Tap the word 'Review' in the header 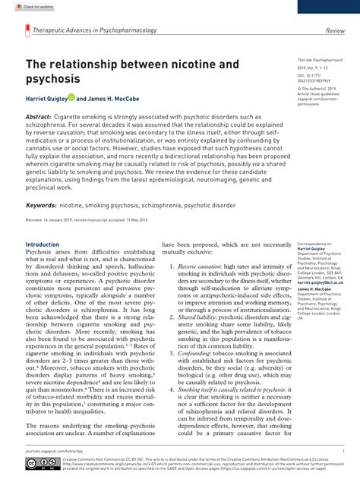click(335, 31)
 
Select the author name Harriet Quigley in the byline click(45, 98)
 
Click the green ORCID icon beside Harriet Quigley click(71, 98)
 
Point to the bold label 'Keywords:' click(42, 206)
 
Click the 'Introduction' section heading click(42, 245)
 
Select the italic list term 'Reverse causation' click(197, 267)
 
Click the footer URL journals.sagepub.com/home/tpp click(53, 451)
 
